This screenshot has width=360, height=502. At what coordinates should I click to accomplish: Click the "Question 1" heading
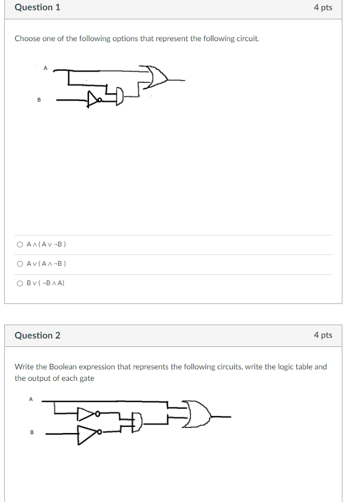[37, 8]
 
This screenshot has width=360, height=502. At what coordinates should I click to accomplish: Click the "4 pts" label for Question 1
[322, 8]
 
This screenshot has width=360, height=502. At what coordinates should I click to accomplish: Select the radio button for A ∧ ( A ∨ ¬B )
[20, 245]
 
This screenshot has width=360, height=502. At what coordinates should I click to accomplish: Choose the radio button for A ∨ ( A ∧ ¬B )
[20, 263]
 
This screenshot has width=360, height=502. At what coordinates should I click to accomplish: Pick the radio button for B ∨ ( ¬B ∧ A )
[20, 283]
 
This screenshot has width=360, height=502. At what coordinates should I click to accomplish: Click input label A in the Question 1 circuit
[45, 68]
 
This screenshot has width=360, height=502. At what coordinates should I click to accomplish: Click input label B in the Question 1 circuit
[39, 100]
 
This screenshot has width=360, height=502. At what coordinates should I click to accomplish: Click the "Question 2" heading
[37, 335]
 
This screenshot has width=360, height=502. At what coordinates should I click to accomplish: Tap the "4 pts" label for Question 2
[322, 335]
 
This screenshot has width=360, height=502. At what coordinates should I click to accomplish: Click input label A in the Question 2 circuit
[30, 398]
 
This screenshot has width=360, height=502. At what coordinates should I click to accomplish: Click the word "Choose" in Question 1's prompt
[27, 39]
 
